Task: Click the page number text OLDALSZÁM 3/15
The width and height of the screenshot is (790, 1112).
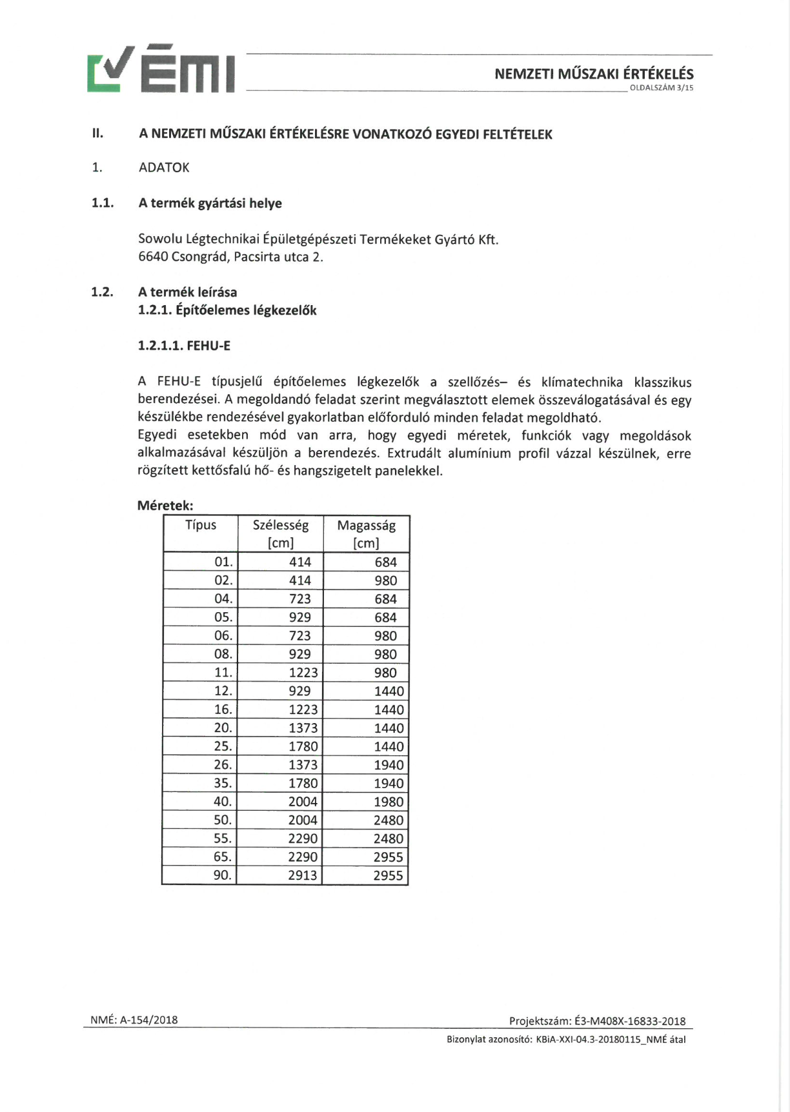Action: (661, 88)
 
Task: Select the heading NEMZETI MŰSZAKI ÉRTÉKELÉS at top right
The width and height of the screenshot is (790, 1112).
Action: (594, 74)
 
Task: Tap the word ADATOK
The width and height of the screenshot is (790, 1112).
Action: (164, 168)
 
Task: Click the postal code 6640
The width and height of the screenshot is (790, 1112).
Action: (153, 257)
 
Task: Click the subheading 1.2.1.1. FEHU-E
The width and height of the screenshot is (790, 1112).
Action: (184, 346)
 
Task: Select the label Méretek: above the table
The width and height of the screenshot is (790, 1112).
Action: (165, 506)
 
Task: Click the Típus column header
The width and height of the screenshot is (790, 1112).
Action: (201, 525)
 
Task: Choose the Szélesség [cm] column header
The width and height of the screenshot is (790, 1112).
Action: (281, 533)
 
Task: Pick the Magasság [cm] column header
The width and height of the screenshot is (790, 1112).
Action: (366, 533)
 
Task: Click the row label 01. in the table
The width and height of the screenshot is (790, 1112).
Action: (223, 562)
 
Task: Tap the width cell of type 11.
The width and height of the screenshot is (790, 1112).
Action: (303, 673)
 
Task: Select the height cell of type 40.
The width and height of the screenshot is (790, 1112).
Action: (389, 802)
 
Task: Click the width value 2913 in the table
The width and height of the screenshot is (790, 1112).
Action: (303, 875)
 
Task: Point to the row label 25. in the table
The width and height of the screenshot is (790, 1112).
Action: (223, 746)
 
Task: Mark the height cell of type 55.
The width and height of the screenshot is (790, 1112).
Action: (389, 839)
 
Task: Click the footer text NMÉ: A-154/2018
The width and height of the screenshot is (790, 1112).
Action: (134, 1020)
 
